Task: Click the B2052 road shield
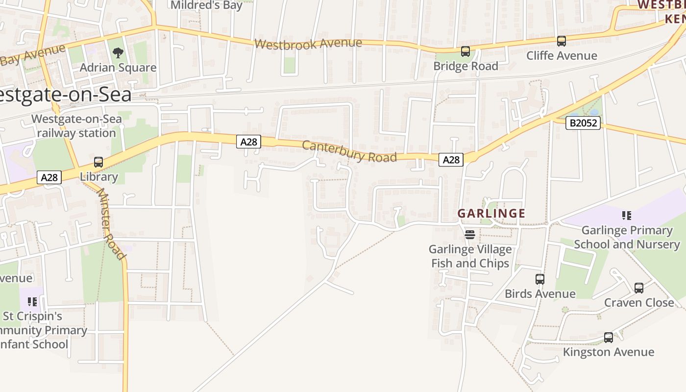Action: [583, 122]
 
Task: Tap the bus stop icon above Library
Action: [98, 162]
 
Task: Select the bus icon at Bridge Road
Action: [465, 51]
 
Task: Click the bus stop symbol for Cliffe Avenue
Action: [562, 41]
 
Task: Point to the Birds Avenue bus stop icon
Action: [540, 279]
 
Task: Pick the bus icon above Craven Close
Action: [639, 288]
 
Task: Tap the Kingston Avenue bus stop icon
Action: [609, 338]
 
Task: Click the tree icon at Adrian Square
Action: [118, 52]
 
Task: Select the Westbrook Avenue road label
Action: [308, 44]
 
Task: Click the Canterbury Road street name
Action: [349, 151]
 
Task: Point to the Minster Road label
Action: [111, 223]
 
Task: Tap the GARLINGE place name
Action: [491, 214]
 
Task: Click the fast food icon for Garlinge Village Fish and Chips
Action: [470, 235]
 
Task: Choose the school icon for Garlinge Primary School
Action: [626, 216]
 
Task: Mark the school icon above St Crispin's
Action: [32, 302]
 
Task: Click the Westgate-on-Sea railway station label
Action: [76, 126]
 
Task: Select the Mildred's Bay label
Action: [206, 5]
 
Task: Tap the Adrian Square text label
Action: [118, 68]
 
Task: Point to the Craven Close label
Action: [639, 302]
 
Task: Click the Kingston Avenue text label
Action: [608, 352]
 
